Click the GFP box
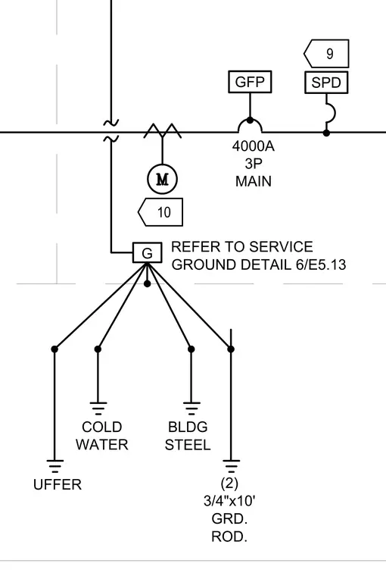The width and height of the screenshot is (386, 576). (x=250, y=82)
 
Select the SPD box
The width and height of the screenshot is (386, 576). (x=326, y=83)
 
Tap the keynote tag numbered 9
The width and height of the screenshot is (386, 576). (x=326, y=54)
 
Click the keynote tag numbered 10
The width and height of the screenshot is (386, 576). (x=160, y=212)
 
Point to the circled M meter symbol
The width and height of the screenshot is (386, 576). (x=162, y=180)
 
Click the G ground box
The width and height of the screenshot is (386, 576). (x=147, y=252)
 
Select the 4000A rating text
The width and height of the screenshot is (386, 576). (x=254, y=146)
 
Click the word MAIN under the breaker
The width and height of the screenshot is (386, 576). (x=254, y=181)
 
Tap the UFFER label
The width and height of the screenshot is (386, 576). (x=58, y=484)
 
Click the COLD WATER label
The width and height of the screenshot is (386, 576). (x=102, y=436)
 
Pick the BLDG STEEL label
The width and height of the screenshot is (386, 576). (x=188, y=436)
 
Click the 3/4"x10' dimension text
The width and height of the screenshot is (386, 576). (x=229, y=501)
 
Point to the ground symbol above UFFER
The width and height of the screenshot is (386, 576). (x=54, y=466)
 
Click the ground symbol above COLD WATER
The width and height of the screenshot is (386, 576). (x=98, y=408)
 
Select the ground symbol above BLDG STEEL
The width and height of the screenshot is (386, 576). (x=191, y=408)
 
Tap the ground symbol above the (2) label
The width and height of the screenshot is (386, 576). (x=231, y=466)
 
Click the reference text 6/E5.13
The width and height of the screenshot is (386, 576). (x=321, y=265)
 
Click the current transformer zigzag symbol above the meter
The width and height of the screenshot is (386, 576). (x=162, y=131)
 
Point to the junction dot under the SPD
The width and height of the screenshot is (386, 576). (x=326, y=133)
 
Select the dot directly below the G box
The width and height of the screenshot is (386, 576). (x=147, y=283)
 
